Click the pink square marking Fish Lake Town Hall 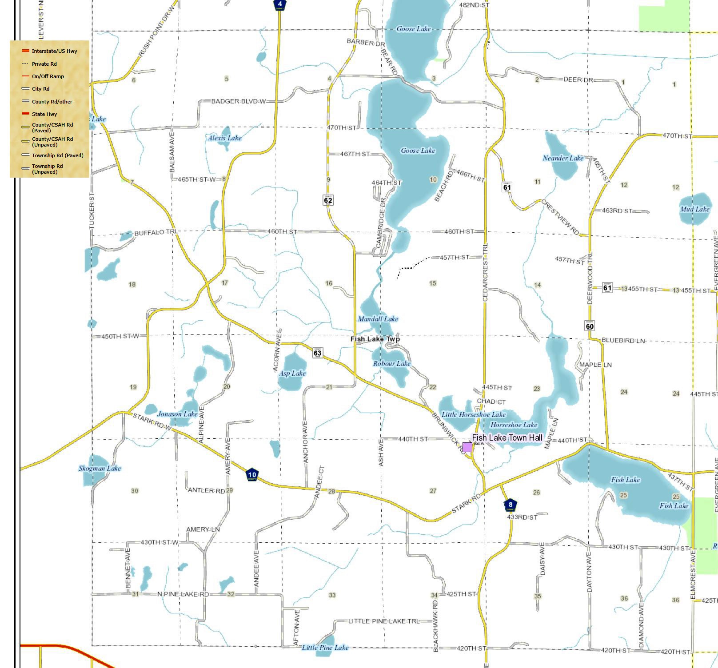(x=467, y=447)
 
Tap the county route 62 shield (x=328, y=200)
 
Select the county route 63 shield (x=317, y=353)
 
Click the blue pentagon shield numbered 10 (x=252, y=474)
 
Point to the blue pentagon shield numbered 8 (x=511, y=505)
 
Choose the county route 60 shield (x=590, y=326)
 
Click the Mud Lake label (x=695, y=209)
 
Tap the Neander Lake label (x=563, y=158)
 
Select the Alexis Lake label (x=225, y=138)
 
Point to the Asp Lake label (x=292, y=373)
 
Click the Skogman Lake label (x=100, y=468)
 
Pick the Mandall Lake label (x=378, y=319)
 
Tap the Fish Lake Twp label (x=375, y=339)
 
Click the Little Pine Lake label (x=325, y=648)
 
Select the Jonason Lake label (x=177, y=414)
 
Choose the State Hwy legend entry (x=44, y=114)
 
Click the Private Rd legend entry (x=44, y=64)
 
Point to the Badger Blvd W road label (x=238, y=101)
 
